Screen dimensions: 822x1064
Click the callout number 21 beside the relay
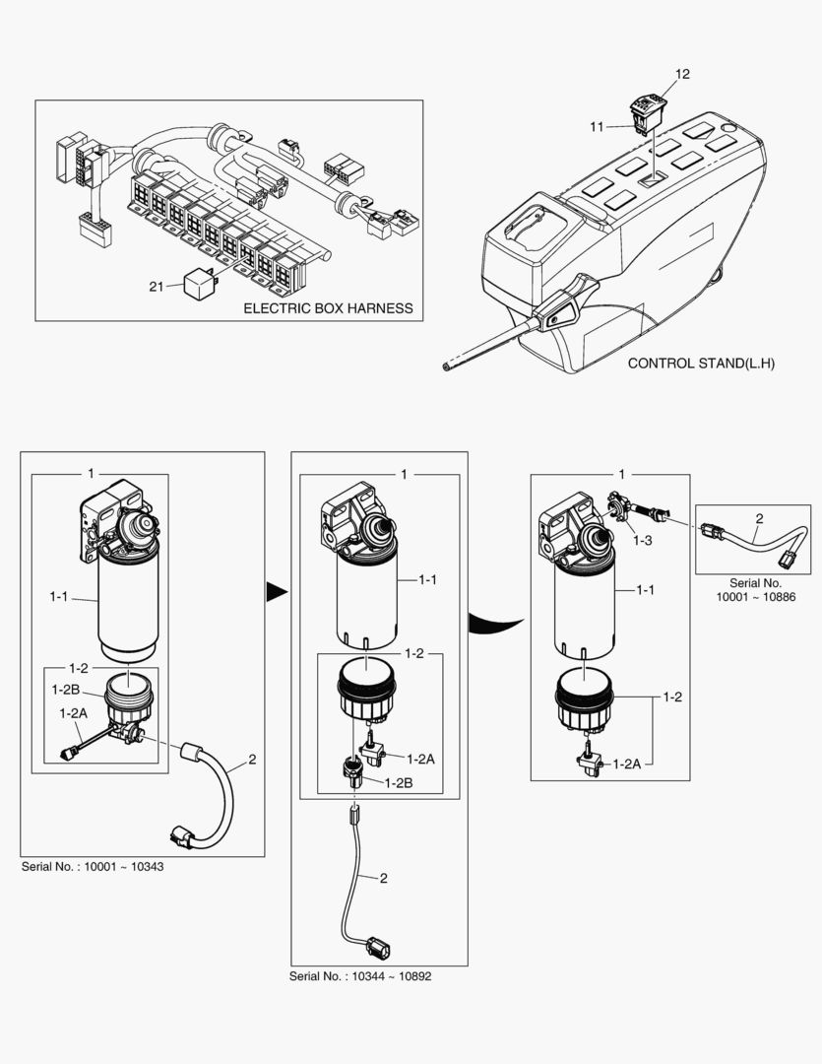pos(156,287)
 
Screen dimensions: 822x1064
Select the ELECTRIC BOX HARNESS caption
pos(328,308)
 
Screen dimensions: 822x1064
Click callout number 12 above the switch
pos(682,74)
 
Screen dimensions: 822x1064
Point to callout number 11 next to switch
pos(597,127)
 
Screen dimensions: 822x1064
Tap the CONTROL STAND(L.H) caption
pos(701,363)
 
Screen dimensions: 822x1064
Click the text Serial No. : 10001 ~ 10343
pos(93,867)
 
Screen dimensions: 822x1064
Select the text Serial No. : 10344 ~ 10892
pos(360,976)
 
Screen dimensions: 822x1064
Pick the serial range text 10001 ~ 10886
pos(756,597)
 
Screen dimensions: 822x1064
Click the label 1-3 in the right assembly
pos(642,541)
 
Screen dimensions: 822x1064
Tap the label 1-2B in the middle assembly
pos(398,782)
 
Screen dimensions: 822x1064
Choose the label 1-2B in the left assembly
pos(66,690)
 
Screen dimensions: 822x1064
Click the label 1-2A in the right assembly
pos(627,765)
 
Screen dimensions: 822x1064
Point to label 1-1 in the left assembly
pos(59,596)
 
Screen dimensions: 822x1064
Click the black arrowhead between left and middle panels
pos(277,592)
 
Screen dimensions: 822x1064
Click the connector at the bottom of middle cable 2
pos(379,947)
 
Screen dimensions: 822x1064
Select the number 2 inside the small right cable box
pos(760,518)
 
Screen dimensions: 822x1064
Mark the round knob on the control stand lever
pos(555,319)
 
